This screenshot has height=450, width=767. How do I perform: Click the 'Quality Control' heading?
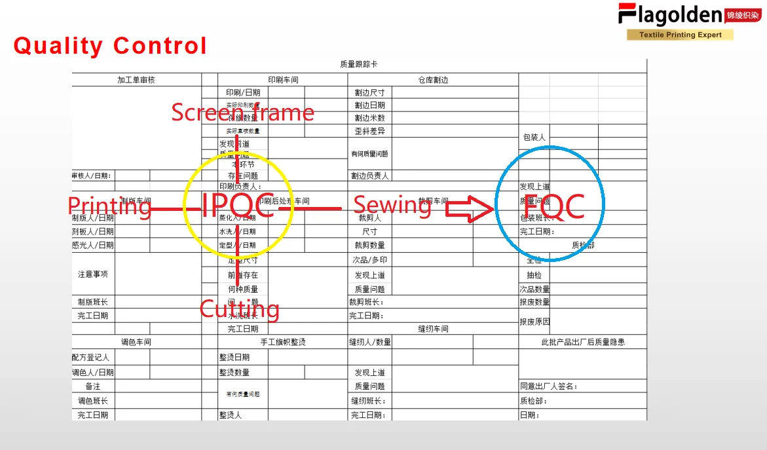(x=110, y=46)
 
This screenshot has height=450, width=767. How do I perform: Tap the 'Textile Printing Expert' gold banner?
(x=680, y=35)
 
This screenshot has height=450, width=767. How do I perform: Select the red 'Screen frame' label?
(x=242, y=113)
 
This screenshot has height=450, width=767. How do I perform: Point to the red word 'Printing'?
(x=109, y=206)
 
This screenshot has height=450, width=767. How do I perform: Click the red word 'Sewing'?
(x=392, y=205)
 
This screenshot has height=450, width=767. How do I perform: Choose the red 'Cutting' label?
(x=239, y=309)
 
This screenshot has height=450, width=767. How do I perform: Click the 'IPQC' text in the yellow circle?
(x=237, y=206)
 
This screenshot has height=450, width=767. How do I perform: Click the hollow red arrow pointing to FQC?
(x=470, y=210)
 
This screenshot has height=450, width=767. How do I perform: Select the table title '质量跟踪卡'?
(x=358, y=64)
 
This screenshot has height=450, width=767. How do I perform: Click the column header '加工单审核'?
(x=136, y=80)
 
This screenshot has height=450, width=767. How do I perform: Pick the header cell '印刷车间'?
(x=283, y=80)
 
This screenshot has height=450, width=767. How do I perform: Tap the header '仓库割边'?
(x=433, y=80)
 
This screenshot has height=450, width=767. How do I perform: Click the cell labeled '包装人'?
(x=534, y=138)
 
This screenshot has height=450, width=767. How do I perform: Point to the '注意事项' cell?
(x=93, y=274)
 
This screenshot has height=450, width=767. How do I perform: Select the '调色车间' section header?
(x=136, y=342)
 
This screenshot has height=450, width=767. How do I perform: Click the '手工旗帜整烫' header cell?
(x=283, y=342)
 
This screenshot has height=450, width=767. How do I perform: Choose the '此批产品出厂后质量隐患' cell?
(x=582, y=342)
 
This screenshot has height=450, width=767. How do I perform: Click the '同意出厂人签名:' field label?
(x=549, y=386)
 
